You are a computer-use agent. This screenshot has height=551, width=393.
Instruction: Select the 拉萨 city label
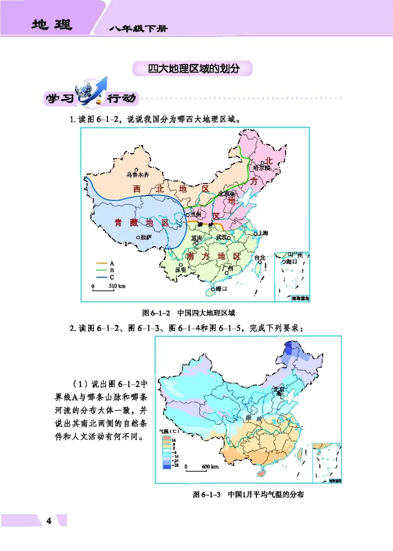[147, 237]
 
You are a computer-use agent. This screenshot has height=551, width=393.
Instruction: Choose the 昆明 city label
[180, 270]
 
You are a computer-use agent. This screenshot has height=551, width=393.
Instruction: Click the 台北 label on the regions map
[259, 257]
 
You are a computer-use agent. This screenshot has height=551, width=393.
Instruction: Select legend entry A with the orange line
[105, 263]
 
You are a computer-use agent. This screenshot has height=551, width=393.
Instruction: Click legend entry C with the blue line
[105, 277]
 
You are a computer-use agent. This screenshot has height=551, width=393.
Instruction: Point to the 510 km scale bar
[104, 286]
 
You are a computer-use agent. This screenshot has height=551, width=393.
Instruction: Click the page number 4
[48, 521]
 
